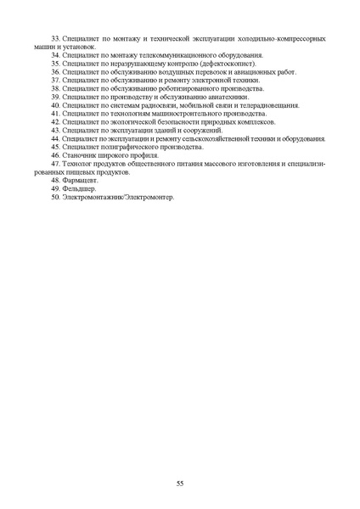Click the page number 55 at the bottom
[x=180, y=483]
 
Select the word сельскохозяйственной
[x=228, y=139]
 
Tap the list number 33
[x=56, y=38]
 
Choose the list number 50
[x=56, y=197]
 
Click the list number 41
[x=56, y=113]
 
